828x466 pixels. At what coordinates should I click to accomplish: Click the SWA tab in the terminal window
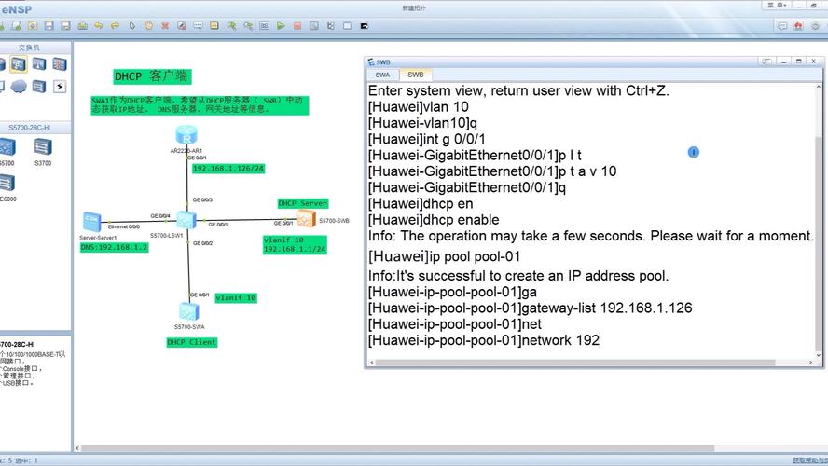pyautogui.click(x=382, y=75)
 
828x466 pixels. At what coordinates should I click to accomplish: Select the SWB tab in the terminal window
pyautogui.click(x=415, y=75)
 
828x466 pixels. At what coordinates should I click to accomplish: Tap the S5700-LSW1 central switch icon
pyautogui.click(x=186, y=220)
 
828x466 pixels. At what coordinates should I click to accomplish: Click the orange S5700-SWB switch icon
pyautogui.click(x=306, y=219)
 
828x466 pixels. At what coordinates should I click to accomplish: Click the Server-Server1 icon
pyautogui.click(x=91, y=221)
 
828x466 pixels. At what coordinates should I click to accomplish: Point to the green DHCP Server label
pyautogui.click(x=302, y=203)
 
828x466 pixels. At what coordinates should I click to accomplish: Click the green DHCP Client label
pyautogui.click(x=191, y=342)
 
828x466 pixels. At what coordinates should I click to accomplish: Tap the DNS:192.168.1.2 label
pyautogui.click(x=114, y=247)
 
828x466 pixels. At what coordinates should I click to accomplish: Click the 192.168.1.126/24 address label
pyautogui.click(x=228, y=169)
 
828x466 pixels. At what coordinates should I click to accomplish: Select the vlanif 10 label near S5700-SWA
pyautogui.click(x=235, y=298)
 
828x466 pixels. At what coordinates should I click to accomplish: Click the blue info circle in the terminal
pyautogui.click(x=693, y=152)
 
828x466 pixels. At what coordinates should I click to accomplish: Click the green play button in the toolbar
pyautogui.click(x=281, y=26)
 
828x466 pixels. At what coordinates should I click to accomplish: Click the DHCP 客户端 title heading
pyautogui.click(x=151, y=76)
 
